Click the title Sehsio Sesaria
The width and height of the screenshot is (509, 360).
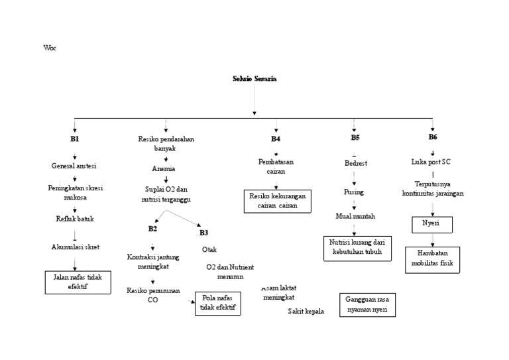pos(254,79)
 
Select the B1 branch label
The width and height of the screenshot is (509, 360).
pos(74,139)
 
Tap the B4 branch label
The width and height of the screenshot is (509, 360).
pos(275,139)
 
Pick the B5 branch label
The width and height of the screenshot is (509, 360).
pos(355,138)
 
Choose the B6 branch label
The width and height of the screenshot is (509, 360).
pos(433,137)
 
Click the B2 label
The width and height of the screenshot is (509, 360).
pos(152,229)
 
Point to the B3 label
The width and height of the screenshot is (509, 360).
pos(203,233)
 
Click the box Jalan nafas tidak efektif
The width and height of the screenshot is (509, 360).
pos(78,282)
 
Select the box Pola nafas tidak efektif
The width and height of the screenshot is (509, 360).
pos(216,303)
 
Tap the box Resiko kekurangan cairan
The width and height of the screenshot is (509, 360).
pos(278,201)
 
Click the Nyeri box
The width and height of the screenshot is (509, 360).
pos(431,224)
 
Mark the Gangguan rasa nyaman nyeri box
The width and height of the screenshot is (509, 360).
pos(367,304)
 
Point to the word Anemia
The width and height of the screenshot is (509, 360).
pos(164,169)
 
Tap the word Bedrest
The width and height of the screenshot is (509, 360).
pos(356,163)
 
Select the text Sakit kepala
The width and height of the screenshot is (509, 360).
pos(306,312)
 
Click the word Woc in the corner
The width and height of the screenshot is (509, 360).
pos(49,48)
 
